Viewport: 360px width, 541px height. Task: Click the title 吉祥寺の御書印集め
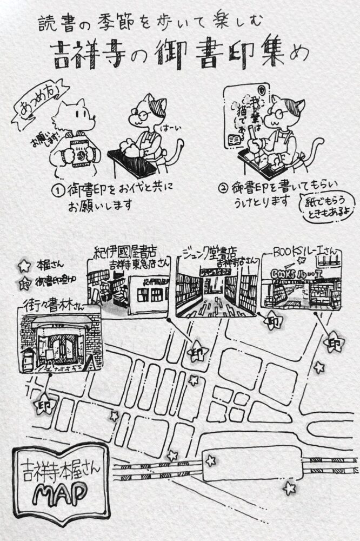(x=180, y=55)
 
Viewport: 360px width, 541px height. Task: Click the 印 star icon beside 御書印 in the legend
(x=24, y=282)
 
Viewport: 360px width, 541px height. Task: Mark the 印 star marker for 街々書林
(x=44, y=404)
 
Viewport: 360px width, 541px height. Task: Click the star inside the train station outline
(x=210, y=461)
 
